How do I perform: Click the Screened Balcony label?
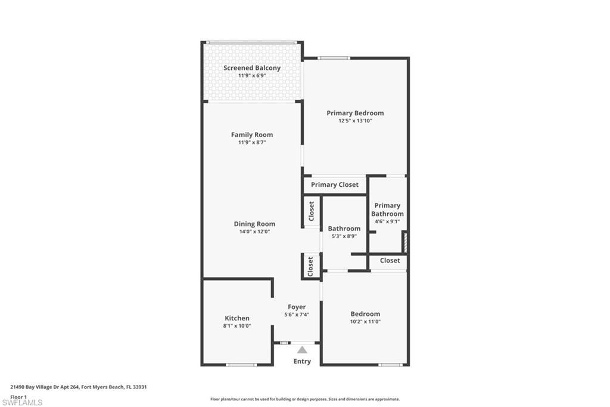252,68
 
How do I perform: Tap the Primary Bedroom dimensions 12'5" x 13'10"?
355,121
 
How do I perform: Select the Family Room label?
252,135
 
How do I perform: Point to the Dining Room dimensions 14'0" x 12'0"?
254,232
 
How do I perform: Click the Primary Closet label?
335,185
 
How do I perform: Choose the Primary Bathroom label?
387,209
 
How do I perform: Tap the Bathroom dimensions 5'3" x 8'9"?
344,236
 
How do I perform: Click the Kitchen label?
237,318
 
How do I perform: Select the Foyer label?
297,307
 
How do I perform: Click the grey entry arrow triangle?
302,350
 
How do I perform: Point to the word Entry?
302,362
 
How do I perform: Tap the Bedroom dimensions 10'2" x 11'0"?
365,322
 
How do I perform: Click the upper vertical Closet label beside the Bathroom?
311,211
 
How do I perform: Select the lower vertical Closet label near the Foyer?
310,266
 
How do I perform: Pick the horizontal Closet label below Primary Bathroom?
390,261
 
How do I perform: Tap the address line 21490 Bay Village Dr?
79,387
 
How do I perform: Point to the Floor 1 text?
18,396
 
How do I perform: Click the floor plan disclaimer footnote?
304,399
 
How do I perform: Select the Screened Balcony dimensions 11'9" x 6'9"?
252,76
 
